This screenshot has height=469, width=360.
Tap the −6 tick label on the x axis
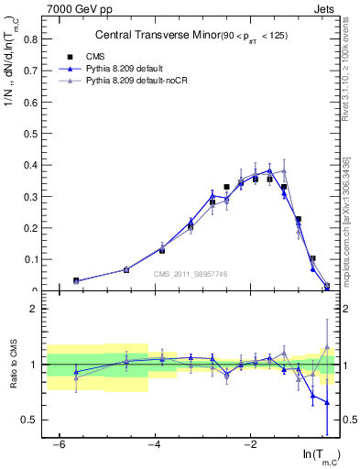(59, 445)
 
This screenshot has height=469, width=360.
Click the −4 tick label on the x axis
(155, 445)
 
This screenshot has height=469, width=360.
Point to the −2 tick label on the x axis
(251, 445)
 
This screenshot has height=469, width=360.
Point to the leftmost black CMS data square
(76, 281)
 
